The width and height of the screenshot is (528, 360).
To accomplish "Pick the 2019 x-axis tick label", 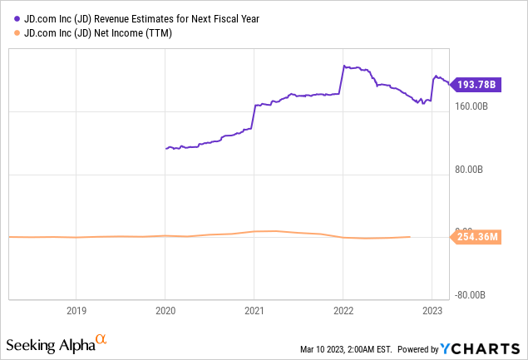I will coord(76,311).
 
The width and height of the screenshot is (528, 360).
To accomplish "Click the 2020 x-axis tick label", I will coord(165,311).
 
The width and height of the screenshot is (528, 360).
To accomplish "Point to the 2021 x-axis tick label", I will coord(254,311).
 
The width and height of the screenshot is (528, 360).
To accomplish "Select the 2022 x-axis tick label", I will coord(343,311).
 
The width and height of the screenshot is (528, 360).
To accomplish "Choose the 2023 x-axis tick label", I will coord(432,311).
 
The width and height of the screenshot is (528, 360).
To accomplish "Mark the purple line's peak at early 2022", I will coord(344,66).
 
